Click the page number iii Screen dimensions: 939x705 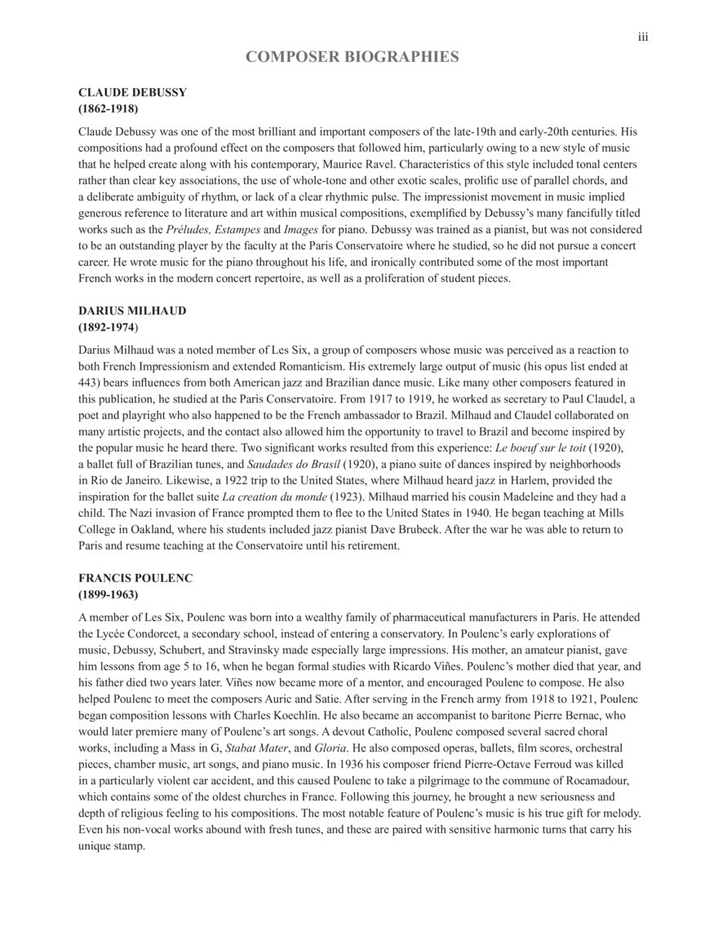(643, 37)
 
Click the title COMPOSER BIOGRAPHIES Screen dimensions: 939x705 (352, 57)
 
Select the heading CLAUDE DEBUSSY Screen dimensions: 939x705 (132, 92)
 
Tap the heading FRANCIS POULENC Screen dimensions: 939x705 (135, 578)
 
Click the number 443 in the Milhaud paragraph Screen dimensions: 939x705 (90, 382)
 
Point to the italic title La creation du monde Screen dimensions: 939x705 (276, 496)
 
